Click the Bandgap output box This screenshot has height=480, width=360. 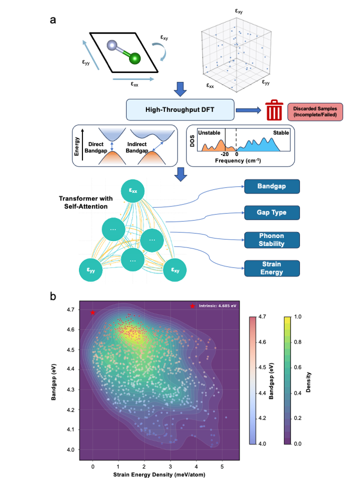coord(271,187)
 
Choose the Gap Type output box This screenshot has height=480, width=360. coord(271,213)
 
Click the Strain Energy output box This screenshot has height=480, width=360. coord(271,267)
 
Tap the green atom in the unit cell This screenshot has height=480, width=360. coord(134,59)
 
